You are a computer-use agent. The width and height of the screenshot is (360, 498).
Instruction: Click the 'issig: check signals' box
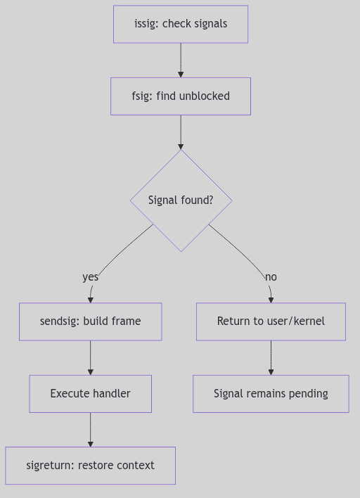pos(181,24)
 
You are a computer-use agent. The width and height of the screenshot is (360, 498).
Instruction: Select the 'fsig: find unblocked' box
pos(181,96)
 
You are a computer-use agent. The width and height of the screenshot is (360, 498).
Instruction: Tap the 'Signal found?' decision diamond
pos(181,200)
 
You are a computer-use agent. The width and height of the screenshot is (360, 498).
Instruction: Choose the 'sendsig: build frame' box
pos(90,321)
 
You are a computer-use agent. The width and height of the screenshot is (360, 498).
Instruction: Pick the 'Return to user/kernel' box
pos(271,321)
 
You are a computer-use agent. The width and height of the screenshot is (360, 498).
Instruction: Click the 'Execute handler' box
pos(90,394)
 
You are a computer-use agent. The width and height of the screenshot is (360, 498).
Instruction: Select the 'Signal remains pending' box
pos(271,394)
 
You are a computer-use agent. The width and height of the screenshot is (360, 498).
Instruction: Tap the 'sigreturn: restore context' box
pos(90,466)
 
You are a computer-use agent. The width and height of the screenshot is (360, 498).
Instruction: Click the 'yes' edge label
pos(90,277)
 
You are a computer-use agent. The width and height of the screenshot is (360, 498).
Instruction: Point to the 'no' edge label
pos(271,277)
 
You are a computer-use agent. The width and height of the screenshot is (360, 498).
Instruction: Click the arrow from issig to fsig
pos(181,60)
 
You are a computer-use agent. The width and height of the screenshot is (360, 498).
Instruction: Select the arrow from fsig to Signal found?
pos(181,132)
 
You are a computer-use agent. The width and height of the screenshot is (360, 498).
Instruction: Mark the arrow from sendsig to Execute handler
pos(90,357)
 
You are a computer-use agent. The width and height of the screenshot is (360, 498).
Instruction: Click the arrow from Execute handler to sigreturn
pos(90,430)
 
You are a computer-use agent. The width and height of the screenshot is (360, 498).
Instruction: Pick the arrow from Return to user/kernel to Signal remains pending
pos(271,357)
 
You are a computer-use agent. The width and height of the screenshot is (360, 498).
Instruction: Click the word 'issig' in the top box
pos(146,24)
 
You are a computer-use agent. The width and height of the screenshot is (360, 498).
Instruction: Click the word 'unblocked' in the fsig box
pos(204,96)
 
